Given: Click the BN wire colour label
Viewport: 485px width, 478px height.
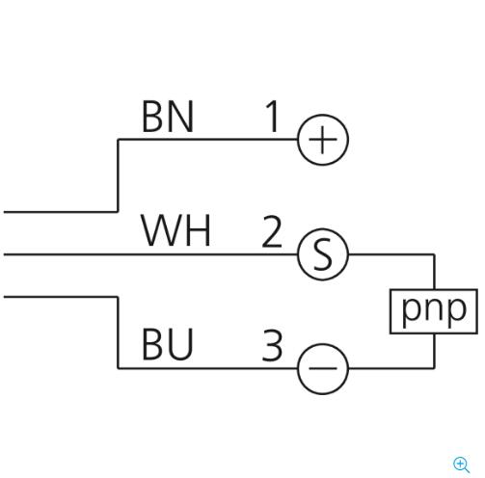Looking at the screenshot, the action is [168, 116].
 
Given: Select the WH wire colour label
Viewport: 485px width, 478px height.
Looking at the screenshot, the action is [176, 230].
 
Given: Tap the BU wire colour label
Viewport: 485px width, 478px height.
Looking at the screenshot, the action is [168, 344].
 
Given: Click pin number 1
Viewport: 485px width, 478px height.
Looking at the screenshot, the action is [273, 116].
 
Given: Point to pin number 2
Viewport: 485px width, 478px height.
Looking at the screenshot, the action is [272, 231].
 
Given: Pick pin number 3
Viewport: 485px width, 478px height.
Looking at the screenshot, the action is [272, 345].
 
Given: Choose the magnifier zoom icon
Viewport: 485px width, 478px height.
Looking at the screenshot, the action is [462, 465].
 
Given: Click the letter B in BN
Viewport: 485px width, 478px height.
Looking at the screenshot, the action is [152, 116].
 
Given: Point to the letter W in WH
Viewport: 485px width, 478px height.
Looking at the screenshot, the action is [159, 230].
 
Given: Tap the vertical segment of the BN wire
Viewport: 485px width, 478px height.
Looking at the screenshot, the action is [118, 175].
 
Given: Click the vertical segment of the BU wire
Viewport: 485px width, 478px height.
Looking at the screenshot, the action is [118, 332].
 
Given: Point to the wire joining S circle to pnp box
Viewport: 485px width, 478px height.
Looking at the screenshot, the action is [434, 255].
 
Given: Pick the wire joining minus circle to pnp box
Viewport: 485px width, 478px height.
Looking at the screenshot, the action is [434, 367].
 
